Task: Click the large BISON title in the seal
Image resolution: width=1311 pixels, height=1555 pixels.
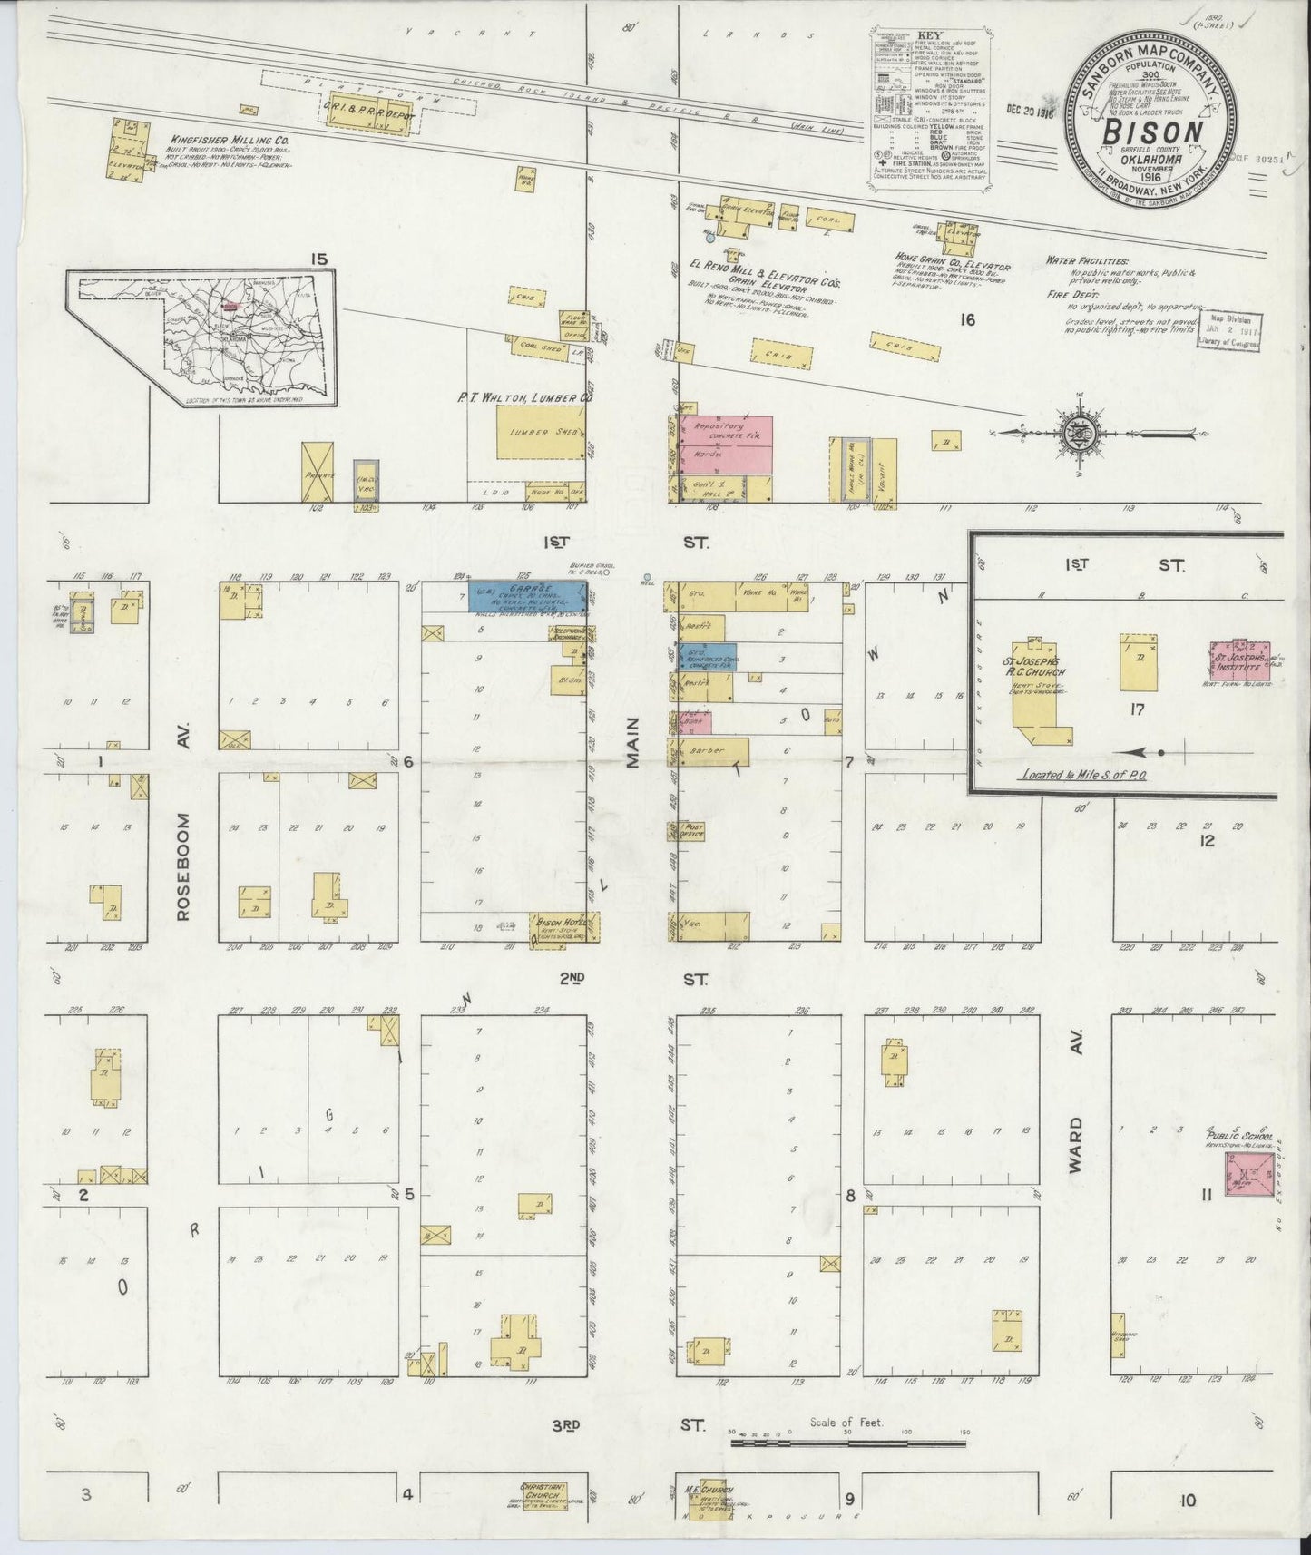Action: click(1153, 132)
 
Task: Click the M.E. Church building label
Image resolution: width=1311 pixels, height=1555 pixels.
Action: click(707, 1491)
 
